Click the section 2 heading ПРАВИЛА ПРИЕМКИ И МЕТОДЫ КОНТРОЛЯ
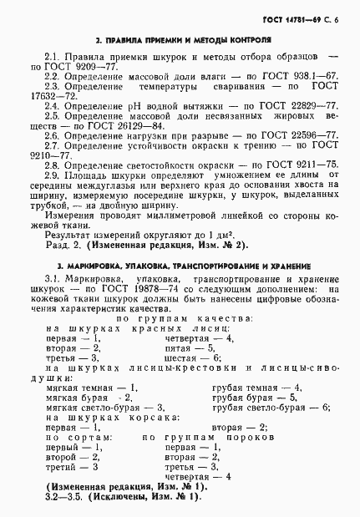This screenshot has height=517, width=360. [x=182, y=38]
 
